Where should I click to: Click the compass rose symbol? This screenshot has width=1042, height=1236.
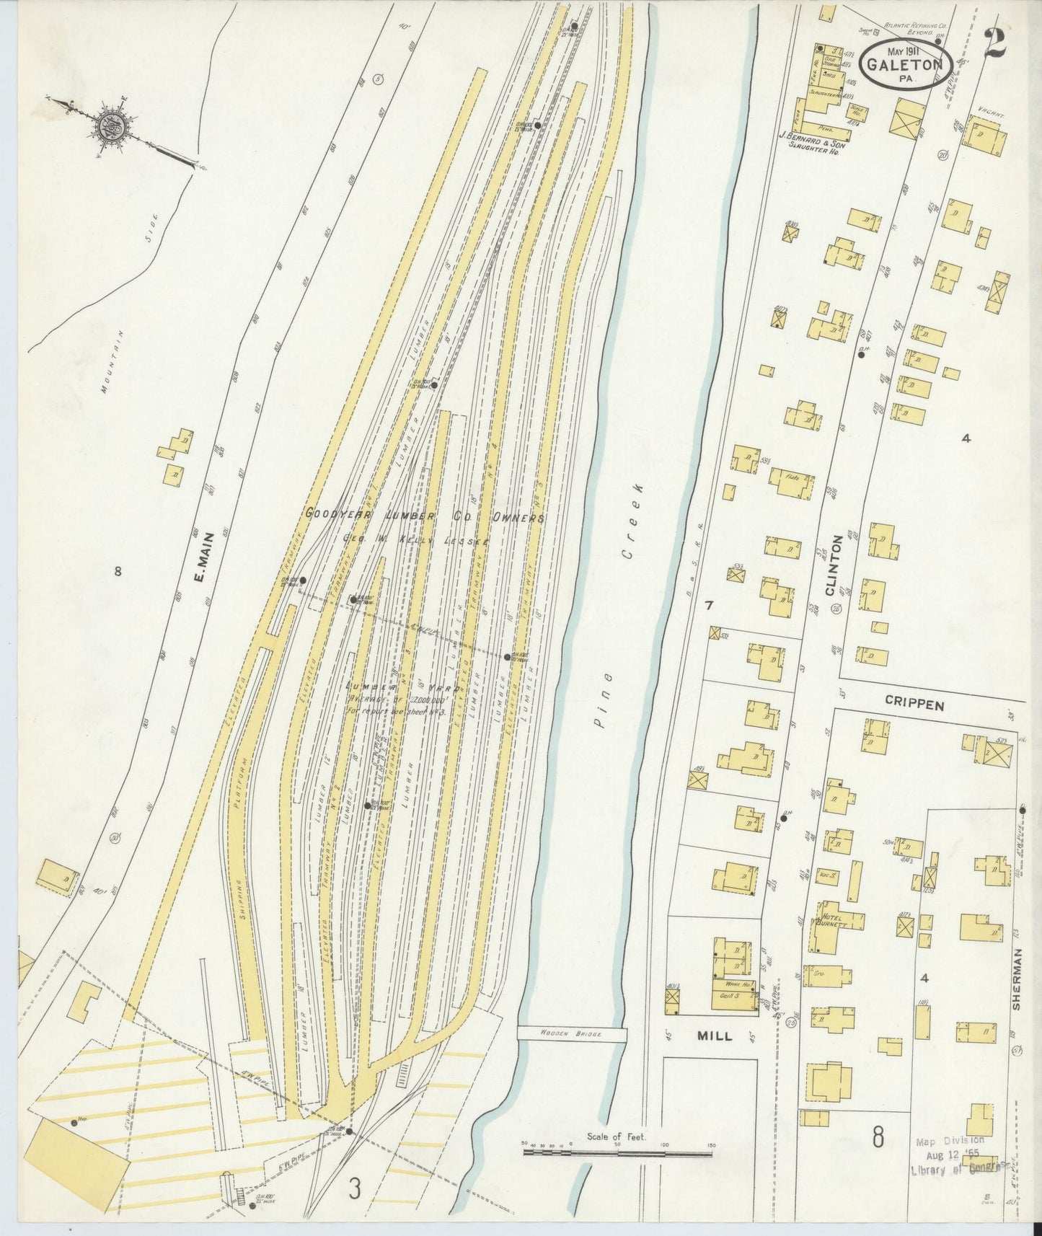point(116,126)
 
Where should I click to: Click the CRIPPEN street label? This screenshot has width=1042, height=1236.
point(925,705)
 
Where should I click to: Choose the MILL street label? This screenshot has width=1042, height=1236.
point(714,1036)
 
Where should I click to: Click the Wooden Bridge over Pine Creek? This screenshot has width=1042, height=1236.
point(572,1033)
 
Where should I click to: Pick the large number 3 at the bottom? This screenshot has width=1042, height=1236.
point(354,1188)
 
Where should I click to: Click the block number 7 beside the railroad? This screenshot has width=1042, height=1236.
point(709,606)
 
